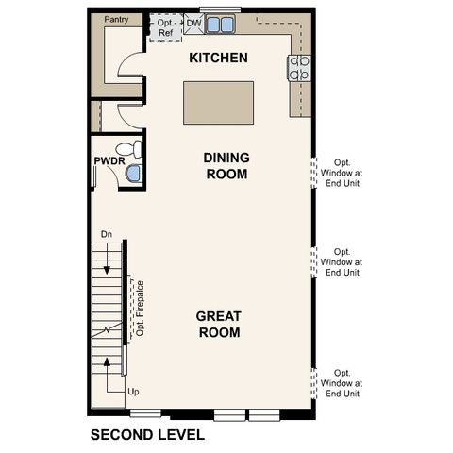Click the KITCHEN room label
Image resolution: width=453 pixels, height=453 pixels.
tap(218, 59)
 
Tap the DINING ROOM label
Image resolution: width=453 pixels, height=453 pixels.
tap(226, 166)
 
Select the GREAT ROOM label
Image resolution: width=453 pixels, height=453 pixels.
tap(218, 324)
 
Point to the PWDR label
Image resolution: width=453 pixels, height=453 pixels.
tap(107, 161)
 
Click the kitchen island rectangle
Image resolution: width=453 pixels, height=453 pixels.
tap(218, 101)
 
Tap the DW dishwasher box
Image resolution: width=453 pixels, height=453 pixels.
tap(193, 23)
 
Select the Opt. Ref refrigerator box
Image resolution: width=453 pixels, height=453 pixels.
tap(165, 27)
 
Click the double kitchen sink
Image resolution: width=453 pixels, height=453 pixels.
tap(222, 23)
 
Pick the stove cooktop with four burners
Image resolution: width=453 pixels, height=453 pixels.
tap(300, 67)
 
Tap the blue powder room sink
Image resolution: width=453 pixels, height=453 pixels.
tap(133, 173)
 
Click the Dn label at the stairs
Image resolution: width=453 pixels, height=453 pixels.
tap(106, 233)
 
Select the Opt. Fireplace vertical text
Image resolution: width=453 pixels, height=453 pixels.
tap(140, 308)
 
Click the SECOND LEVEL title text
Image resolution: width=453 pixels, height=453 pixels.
tap(146, 435)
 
